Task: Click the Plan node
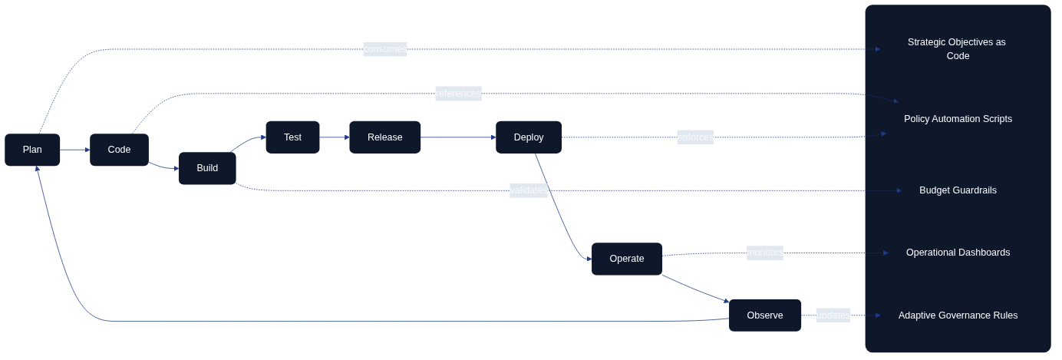pos(32,150)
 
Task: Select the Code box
pos(119,150)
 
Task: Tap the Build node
pos(207,168)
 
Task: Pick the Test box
pos(292,137)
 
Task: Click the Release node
pos(384,137)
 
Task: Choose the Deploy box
pos(528,137)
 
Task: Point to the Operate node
pos(626,259)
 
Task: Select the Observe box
pos(764,315)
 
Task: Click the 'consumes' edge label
pos(384,49)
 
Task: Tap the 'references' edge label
pos(458,94)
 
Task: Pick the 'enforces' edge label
pos(695,137)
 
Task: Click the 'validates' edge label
pos(529,190)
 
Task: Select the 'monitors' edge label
pos(764,253)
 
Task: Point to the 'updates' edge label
pos(833,315)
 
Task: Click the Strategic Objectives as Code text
pos(957,49)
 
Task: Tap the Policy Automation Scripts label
pos(958,119)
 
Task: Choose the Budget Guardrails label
pos(958,190)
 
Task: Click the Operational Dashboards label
pos(958,253)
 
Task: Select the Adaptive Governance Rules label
pos(958,315)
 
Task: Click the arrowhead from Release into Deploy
pos(493,137)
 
